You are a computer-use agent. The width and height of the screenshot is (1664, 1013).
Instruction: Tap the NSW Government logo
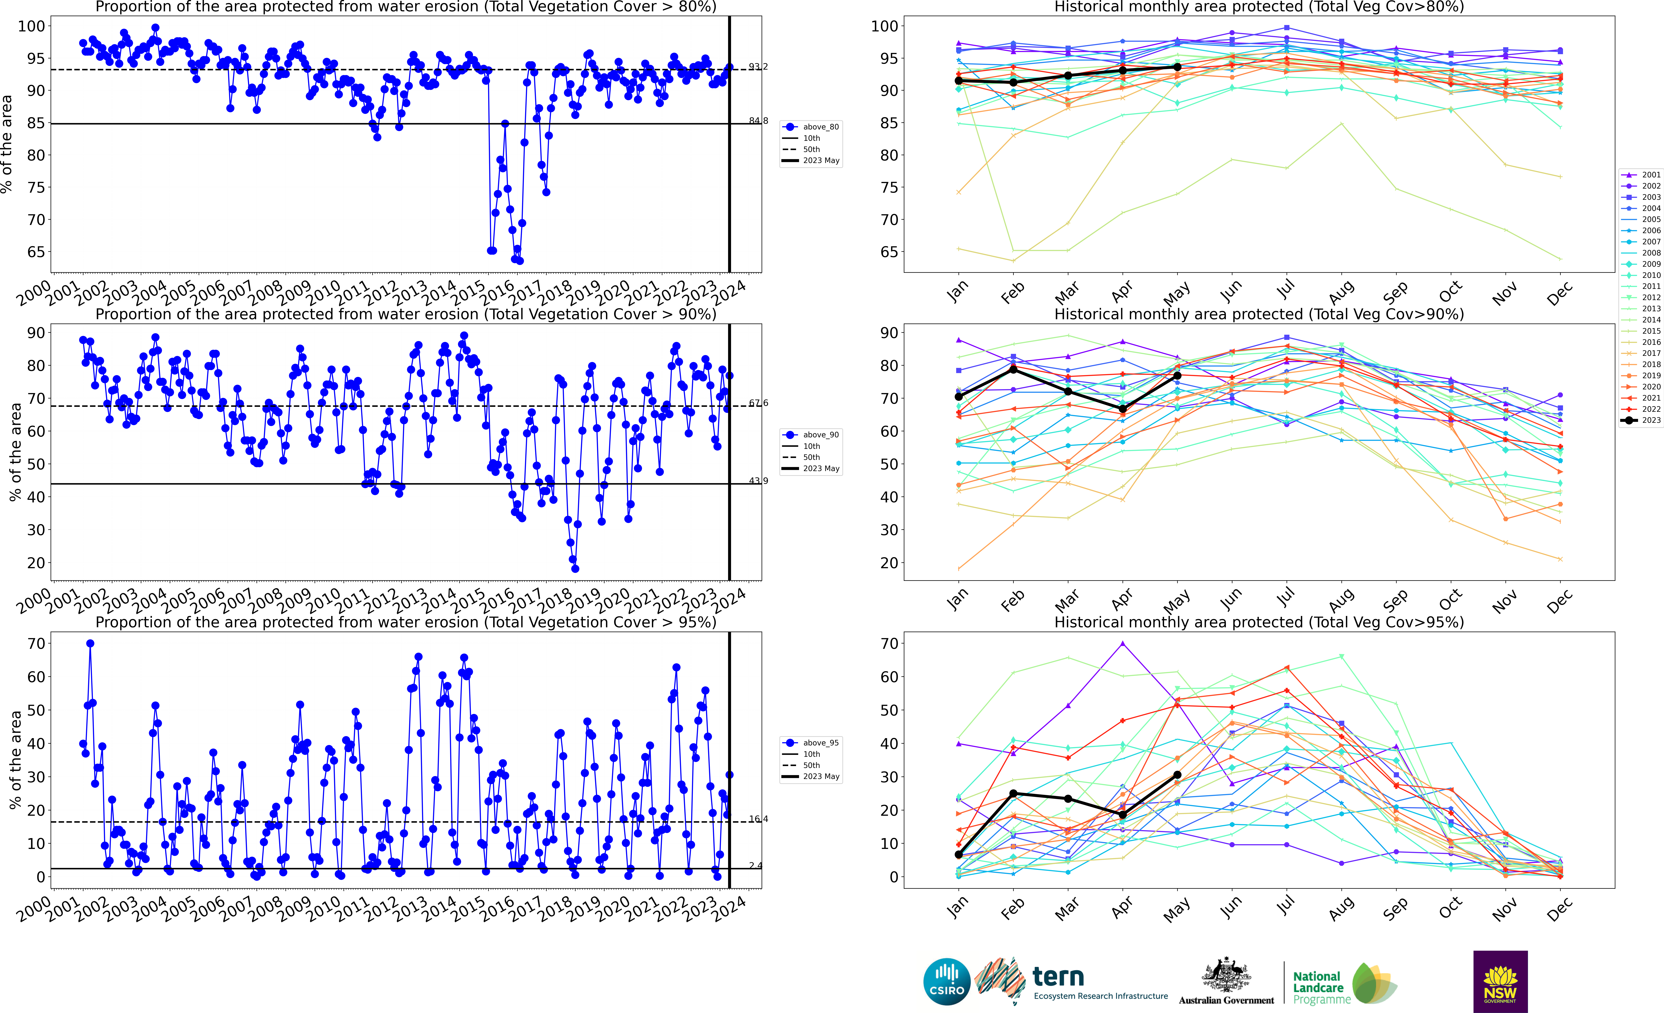[1500, 981]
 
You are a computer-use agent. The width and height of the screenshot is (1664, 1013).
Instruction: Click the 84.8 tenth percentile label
[758, 121]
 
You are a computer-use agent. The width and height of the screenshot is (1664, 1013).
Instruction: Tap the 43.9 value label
[758, 481]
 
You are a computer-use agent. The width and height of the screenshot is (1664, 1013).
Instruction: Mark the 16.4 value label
[758, 819]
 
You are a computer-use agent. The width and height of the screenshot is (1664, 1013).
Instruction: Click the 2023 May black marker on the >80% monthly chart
[1177, 67]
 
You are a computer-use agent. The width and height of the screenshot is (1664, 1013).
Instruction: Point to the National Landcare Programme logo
[1344, 987]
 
